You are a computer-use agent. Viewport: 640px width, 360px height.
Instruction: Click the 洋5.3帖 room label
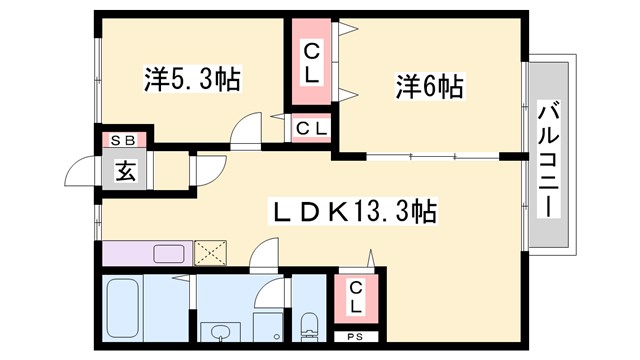point(192,80)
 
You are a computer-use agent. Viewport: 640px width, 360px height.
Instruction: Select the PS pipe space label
point(356,338)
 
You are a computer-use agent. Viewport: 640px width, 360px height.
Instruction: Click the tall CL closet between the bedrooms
point(311,62)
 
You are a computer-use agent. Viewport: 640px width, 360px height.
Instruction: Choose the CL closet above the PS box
point(356,297)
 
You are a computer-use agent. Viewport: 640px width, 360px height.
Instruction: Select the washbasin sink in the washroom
point(216,329)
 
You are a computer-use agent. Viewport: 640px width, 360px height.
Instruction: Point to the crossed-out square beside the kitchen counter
point(211,252)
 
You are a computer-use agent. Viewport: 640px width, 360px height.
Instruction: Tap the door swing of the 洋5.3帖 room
point(245,131)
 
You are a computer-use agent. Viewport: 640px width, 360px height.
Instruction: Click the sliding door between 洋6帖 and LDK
point(430,157)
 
